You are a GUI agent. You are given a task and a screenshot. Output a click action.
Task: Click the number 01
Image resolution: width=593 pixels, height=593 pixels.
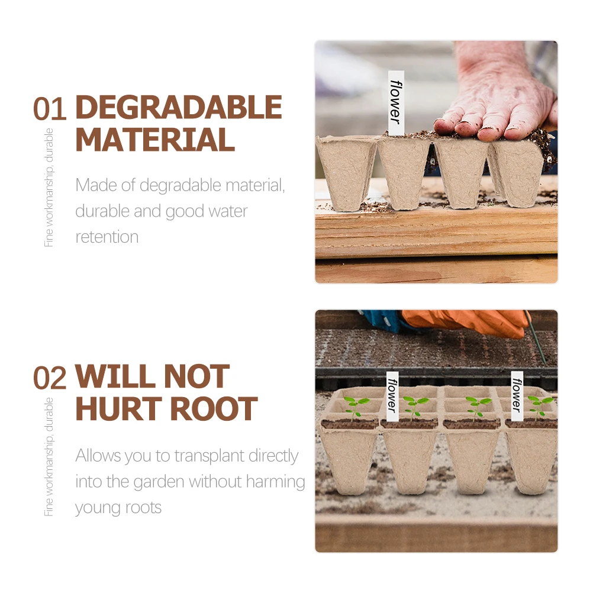[50, 109]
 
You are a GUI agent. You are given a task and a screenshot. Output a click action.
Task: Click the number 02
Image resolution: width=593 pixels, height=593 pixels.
[50, 378]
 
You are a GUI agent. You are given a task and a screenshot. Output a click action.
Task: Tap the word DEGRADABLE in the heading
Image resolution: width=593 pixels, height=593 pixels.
[178, 108]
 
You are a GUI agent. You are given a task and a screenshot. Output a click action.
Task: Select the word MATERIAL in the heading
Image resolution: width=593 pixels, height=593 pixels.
[155, 140]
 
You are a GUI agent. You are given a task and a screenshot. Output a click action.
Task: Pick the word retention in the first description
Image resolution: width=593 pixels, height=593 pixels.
[107, 237]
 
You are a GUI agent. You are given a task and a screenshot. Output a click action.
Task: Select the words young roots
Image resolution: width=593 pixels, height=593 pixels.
[118, 508]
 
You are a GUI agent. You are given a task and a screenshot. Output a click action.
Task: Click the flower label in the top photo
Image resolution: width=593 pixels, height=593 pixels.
[395, 100]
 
